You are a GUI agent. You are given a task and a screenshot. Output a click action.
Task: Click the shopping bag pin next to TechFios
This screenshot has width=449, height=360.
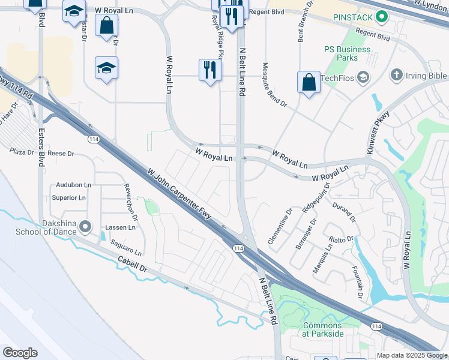pos(309,82)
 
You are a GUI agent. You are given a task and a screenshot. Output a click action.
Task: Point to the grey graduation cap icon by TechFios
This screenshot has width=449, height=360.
pos(363,77)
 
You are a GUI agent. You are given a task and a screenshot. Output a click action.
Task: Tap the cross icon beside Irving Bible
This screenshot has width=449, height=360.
pos(396,75)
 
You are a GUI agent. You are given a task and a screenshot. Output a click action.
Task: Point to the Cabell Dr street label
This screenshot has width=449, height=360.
pos(133,265)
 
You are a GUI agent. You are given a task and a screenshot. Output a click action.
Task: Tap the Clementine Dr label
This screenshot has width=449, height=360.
pos(280,223)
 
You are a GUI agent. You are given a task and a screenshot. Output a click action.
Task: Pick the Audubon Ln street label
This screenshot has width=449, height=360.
pos(74,185)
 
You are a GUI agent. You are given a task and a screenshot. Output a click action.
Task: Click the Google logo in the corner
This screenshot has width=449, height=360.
pos(20,353)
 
